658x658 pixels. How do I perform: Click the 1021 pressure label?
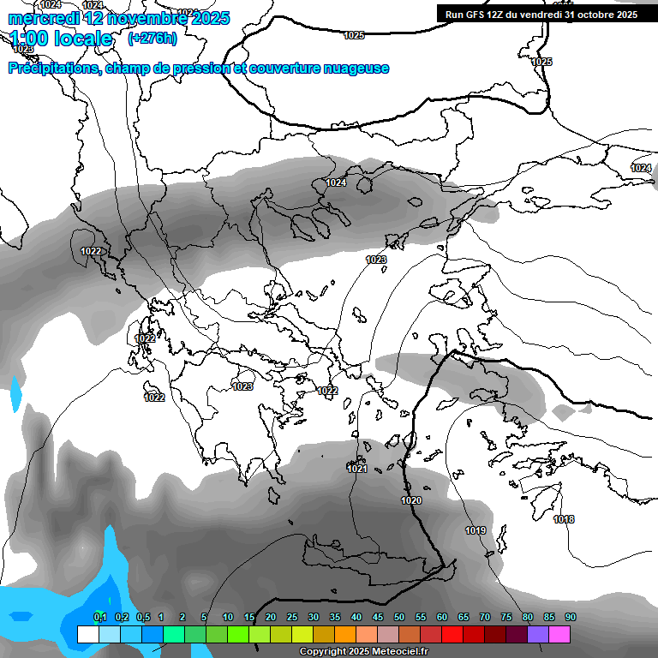pyautogui.click(x=357, y=469)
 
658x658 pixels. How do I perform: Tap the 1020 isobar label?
pyautogui.click(x=411, y=500)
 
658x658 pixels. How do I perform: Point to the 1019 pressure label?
pyautogui.click(x=476, y=531)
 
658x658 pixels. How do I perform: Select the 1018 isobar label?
pyautogui.click(x=564, y=520)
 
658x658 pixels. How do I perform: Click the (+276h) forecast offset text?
pyautogui.click(x=153, y=38)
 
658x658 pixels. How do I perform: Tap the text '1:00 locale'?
pyautogui.click(x=62, y=39)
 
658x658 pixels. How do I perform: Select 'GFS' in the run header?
pyautogui.click(x=480, y=15)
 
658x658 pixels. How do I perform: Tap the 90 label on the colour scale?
pyautogui.click(x=571, y=617)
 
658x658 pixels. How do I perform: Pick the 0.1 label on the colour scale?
pyautogui.click(x=99, y=617)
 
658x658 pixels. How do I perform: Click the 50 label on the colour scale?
pyautogui.click(x=399, y=617)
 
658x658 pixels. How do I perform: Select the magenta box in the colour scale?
pyautogui.click(x=559, y=634)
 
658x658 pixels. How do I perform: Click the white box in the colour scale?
pyautogui.click(x=87, y=634)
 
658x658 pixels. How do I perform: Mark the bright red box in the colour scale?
pyautogui.click(x=452, y=634)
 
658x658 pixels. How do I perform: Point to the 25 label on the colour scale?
pyautogui.click(x=292, y=617)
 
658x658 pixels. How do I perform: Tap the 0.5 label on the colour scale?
pyautogui.click(x=142, y=617)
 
